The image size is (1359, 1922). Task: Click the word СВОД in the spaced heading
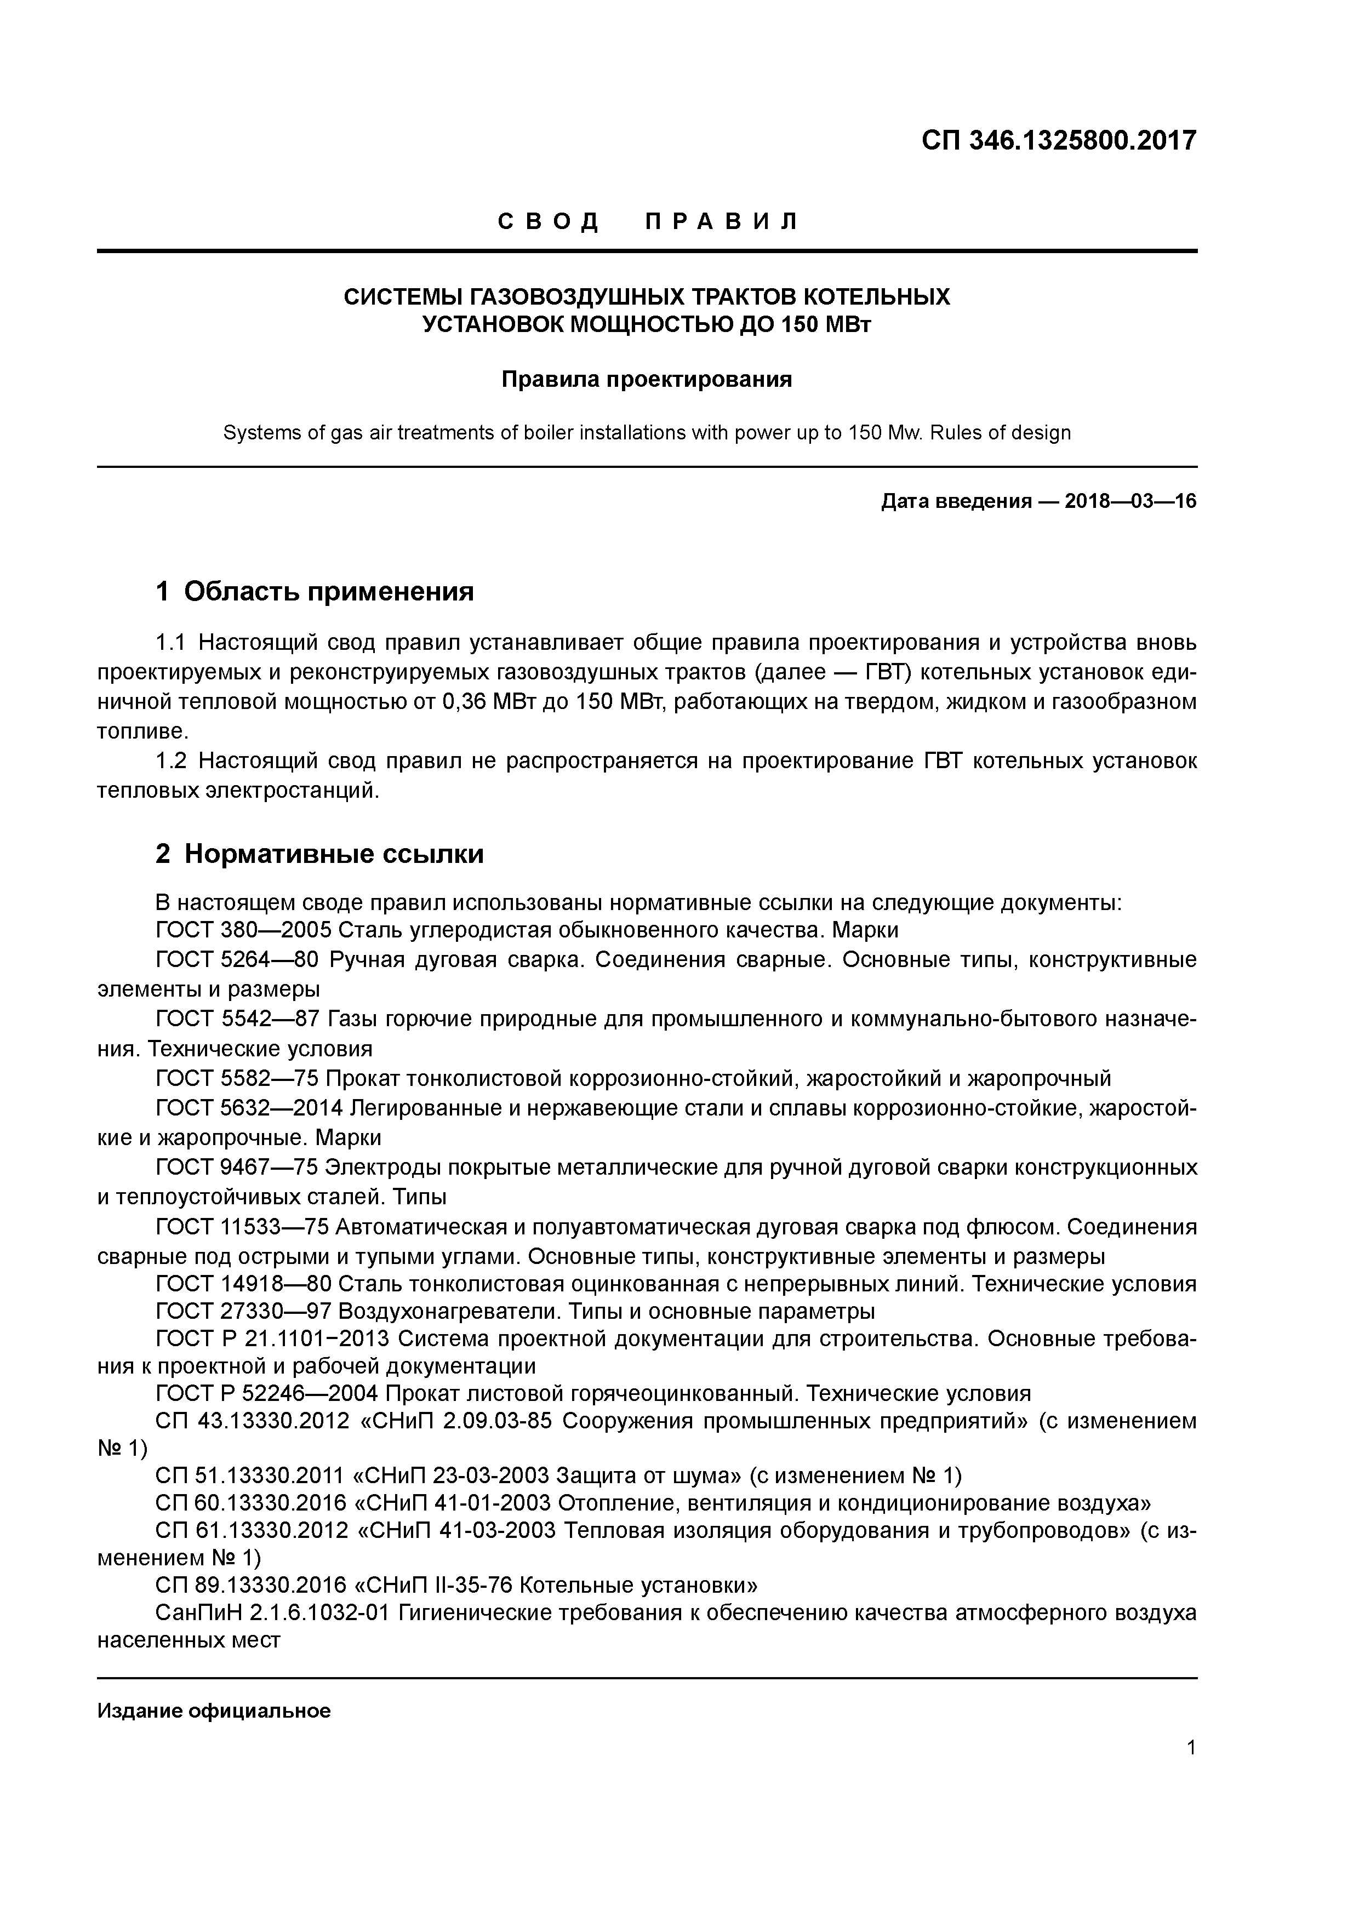(x=549, y=222)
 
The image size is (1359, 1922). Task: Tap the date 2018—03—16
(x=1130, y=501)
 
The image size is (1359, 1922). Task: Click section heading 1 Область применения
(x=315, y=592)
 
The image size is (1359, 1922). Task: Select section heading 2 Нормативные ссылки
(x=320, y=854)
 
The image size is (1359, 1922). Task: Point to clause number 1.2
(x=174, y=761)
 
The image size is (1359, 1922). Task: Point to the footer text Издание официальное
(x=214, y=1711)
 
